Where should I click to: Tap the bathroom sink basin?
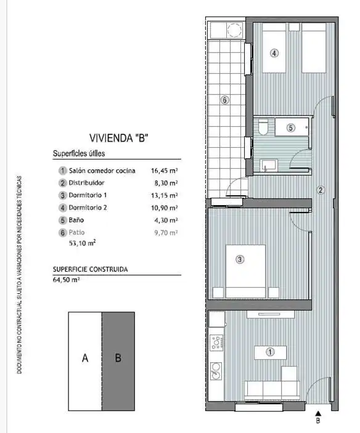coord(269,165)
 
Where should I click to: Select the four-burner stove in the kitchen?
coord(216,342)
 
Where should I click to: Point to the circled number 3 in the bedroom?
coord(240,259)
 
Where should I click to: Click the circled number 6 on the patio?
coord(224,100)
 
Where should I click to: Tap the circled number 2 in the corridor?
coord(321,190)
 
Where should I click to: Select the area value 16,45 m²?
coord(164,171)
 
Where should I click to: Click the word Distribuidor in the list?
coord(86,183)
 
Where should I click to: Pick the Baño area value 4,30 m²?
coord(166,220)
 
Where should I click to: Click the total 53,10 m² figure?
coord(83,243)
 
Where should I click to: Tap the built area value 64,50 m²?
coord(67,280)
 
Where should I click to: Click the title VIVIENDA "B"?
coord(119,138)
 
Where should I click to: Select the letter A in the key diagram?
coord(85,358)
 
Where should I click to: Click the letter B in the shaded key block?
coord(118,358)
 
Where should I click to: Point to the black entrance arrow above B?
coord(318,413)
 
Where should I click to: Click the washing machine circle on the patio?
coord(234,30)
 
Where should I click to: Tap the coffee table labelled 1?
coord(270,352)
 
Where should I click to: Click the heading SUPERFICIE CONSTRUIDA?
coord(91,270)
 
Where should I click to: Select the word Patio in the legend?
coord(76,233)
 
